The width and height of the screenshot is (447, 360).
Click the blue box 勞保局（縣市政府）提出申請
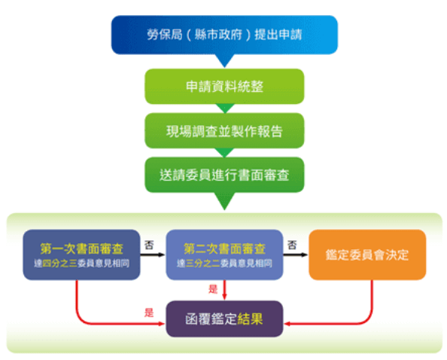tap(224, 35)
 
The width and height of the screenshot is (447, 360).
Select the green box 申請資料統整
tap(224, 87)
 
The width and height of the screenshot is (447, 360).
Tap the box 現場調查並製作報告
tap(224, 130)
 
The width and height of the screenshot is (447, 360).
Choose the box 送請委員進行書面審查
tap(224, 175)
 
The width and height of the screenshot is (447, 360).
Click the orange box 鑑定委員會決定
tap(367, 255)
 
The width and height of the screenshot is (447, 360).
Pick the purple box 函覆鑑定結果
tap(224, 319)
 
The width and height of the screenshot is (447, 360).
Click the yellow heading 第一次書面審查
tap(81, 249)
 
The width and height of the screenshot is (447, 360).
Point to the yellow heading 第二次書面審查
tap(224, 249)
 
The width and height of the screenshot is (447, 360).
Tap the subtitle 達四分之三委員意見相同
tap(81, 264)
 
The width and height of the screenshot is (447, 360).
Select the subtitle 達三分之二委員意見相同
tap(224, 264)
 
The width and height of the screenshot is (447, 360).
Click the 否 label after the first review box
tap(149, 245)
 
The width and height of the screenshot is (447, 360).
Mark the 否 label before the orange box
tap(292, 245)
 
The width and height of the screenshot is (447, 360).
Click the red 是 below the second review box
tap(213, 289)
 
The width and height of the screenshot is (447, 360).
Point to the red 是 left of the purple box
tap(149, 313)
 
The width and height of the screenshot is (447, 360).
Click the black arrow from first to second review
tap(153, 255)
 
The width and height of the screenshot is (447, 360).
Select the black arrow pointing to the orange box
tap(296, 255)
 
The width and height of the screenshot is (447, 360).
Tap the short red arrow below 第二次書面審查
tap(224, 290)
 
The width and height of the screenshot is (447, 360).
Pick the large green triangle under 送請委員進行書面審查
tap(224, 200)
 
